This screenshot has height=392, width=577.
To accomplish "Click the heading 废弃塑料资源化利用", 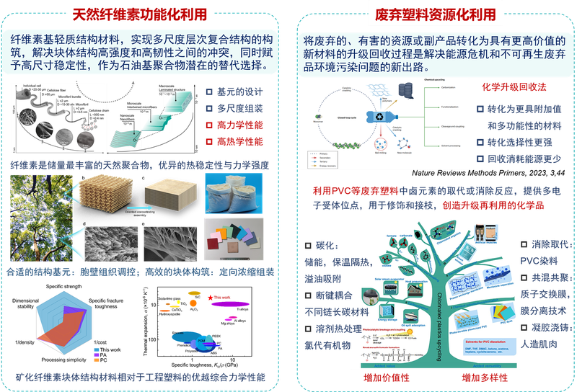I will pos(435,14).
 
